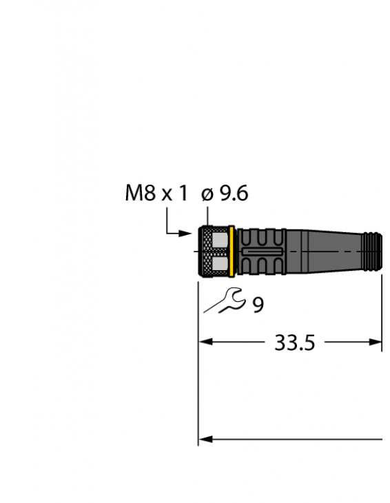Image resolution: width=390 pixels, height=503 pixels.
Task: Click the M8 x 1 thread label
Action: coord(156,194)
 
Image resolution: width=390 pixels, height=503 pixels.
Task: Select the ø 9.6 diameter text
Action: coord(225,194)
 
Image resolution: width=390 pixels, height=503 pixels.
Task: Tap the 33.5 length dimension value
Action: coord(294,342)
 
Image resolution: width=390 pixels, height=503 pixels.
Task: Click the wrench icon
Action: coord(223,301)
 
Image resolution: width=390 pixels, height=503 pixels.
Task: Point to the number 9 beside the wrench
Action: coord(258,304)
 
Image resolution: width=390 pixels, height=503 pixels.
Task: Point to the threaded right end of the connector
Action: coord(372,251)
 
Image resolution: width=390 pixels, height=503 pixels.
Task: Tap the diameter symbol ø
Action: coord(207,195)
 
